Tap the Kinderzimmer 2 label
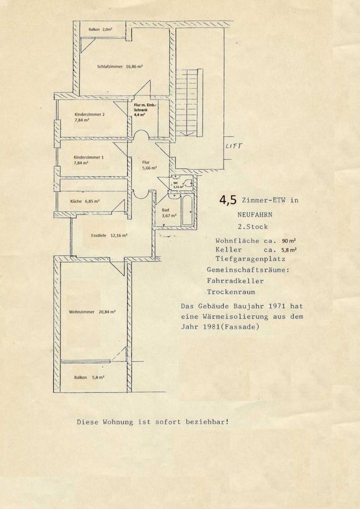pyautogui.click(x=90, y=117)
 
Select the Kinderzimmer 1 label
pyautogui.click(x=89, y=160)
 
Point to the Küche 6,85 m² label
pyautogui.click(x=85, y=201)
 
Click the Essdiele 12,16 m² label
pyautogui.click(x=109, y=235)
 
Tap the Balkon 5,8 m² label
pyautogui.click(x=89, y=377)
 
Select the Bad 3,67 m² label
pyautogui.click(x=169, y=213)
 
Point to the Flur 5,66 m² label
pyautogui.click(x=149, y=165)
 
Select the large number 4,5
pyautogui.click(x=228, y=200)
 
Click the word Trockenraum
pyautogui.click(x=231, y=292)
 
